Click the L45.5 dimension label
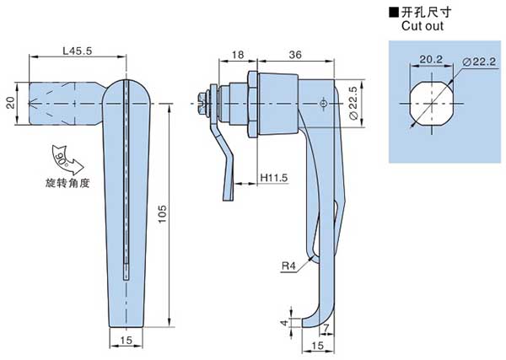pos(77,51)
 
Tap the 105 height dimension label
pos(162,213)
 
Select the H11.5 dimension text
pos(273,178)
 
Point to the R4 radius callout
pos(288,266)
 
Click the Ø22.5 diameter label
pos(353,103)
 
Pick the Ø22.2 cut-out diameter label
pos(479,62)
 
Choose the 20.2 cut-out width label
pos(431,59)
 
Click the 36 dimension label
pos(295,55)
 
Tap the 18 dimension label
pos(238,55)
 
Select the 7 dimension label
pos(326,329)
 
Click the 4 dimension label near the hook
pos(284,322)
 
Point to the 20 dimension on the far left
pos(11,103)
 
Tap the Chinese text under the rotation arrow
pos(67,183)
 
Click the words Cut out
pos(423,26)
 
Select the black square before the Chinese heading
pos(394,13)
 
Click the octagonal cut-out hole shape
pos(432,103)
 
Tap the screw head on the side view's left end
pos(202,104)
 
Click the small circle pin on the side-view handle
pos(323,104)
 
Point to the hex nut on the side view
pos(253,104)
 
